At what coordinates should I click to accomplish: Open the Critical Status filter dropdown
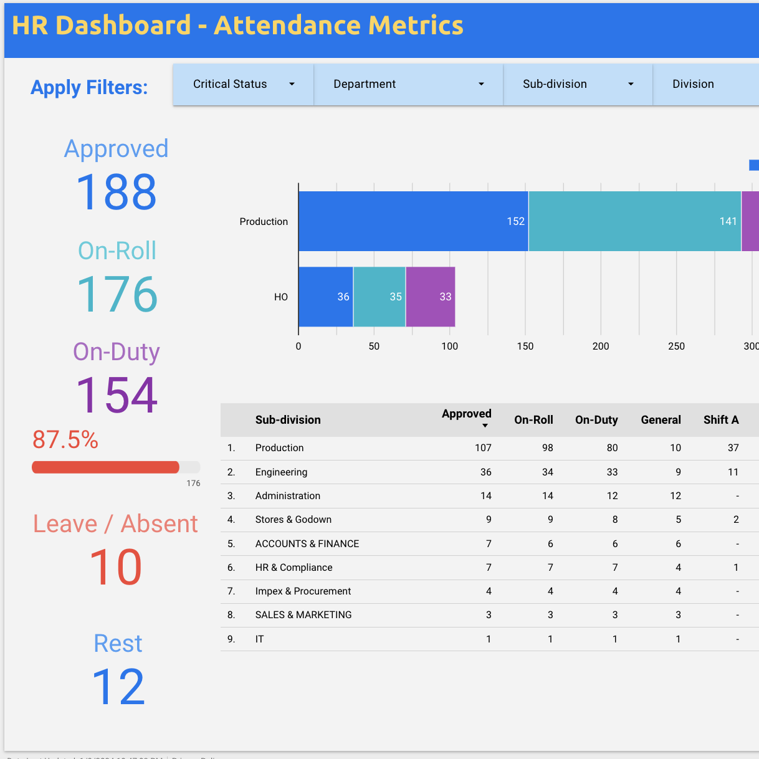[x=243, y=84]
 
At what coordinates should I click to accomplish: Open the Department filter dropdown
[x=408, y=84]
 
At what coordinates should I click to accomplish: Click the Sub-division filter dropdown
[x=578, y=84]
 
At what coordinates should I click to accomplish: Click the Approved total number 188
[x=117, y=193]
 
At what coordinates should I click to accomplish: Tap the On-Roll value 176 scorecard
[x=117, y=294]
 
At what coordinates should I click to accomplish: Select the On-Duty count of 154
[x=117, y=395]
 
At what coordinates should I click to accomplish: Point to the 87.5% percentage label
[x=65, y=440]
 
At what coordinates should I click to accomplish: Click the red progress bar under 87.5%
[x=105, y=467]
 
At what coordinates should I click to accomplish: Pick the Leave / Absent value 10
[x=116, y=568]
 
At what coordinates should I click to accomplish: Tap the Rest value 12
[x=118, y=687]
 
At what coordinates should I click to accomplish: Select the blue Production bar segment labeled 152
[x=413, y=221]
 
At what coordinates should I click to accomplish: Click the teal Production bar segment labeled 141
[x=634, y=221]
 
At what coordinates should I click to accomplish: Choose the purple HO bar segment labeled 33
[x=430, y=297]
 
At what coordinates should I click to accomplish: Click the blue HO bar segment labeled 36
[x=326, y=297]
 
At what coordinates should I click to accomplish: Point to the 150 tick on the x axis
[x=525, y=346]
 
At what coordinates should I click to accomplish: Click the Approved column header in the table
[x=466, y=414]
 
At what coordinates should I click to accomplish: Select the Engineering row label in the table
[x=281, y=472]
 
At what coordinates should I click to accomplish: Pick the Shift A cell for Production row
[x=733, y=448]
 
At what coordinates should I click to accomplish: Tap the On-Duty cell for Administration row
[x=612, y=496]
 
